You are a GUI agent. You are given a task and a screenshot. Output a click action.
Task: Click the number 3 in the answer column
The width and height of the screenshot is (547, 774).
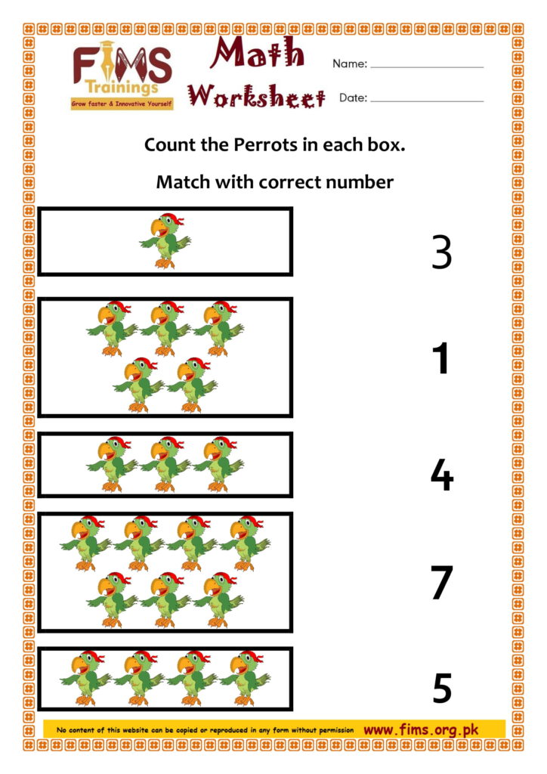click(441, 252)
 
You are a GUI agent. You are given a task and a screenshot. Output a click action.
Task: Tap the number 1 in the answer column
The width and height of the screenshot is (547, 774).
click(440, 358)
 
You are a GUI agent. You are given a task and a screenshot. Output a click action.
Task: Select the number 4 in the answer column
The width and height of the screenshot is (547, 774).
click(441, 475)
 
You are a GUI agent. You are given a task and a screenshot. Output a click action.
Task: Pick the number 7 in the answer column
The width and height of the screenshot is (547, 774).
click(441, 583)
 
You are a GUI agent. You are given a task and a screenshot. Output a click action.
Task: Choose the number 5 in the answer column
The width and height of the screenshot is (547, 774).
click(442, 688)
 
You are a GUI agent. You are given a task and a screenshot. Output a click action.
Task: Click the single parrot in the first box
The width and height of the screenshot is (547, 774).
click(165, 241)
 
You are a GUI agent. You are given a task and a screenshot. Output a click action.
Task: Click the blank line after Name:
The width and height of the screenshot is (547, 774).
click(427, 67)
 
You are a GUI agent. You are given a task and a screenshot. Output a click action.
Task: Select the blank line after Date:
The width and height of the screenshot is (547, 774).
click(427, 101)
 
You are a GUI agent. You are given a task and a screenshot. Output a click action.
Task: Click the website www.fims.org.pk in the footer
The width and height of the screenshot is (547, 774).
click(421, 729)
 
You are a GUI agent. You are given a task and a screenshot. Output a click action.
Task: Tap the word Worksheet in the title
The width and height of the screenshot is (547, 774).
click(256, 96)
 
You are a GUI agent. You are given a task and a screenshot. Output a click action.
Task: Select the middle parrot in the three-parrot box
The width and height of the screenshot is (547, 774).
click(165, 464)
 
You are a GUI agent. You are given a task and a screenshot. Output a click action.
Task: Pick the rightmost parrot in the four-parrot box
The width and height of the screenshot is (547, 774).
click(244, 678)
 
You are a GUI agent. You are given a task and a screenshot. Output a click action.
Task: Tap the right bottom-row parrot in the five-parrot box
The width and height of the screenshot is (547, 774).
click(191, 385)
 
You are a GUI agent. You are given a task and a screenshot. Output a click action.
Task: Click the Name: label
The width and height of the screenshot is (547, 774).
click(350, 63)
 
